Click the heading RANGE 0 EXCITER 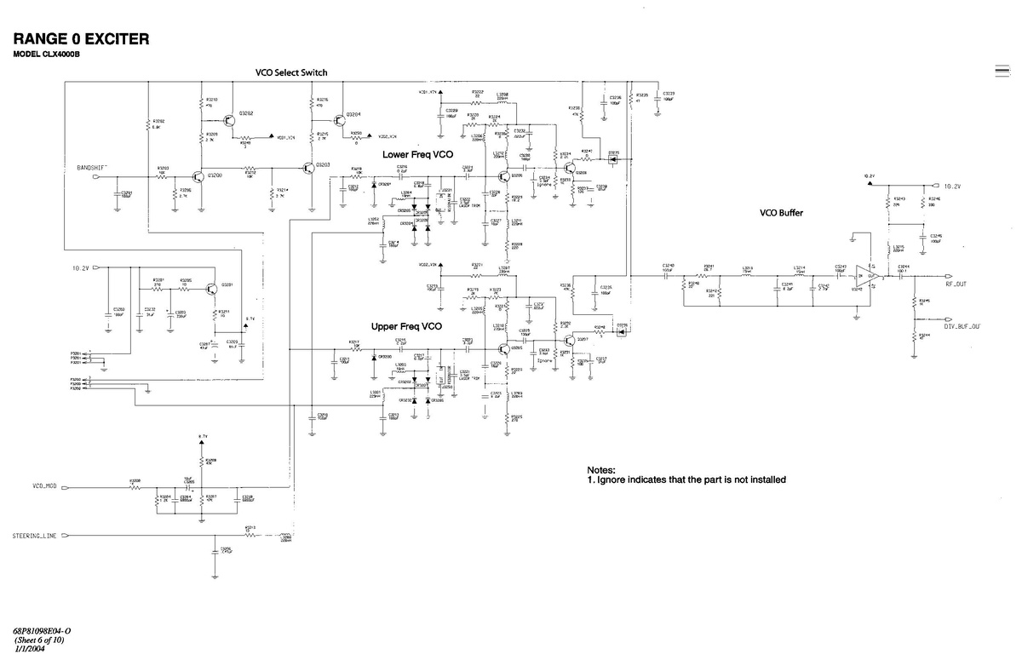pyautogui.click(x=82, y=39)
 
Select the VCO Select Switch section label pyautogui.click(x=291, y=72)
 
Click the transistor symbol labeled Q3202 pyautogui.click(x=229, y=118)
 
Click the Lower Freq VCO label pyautogui.click(x=418, y=154)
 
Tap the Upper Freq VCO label pyautogui.click(x=406, y=326)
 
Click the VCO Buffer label pyautogui.click(x=781, y=213)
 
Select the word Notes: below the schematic pyautogui.click(x=601, y=470)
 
